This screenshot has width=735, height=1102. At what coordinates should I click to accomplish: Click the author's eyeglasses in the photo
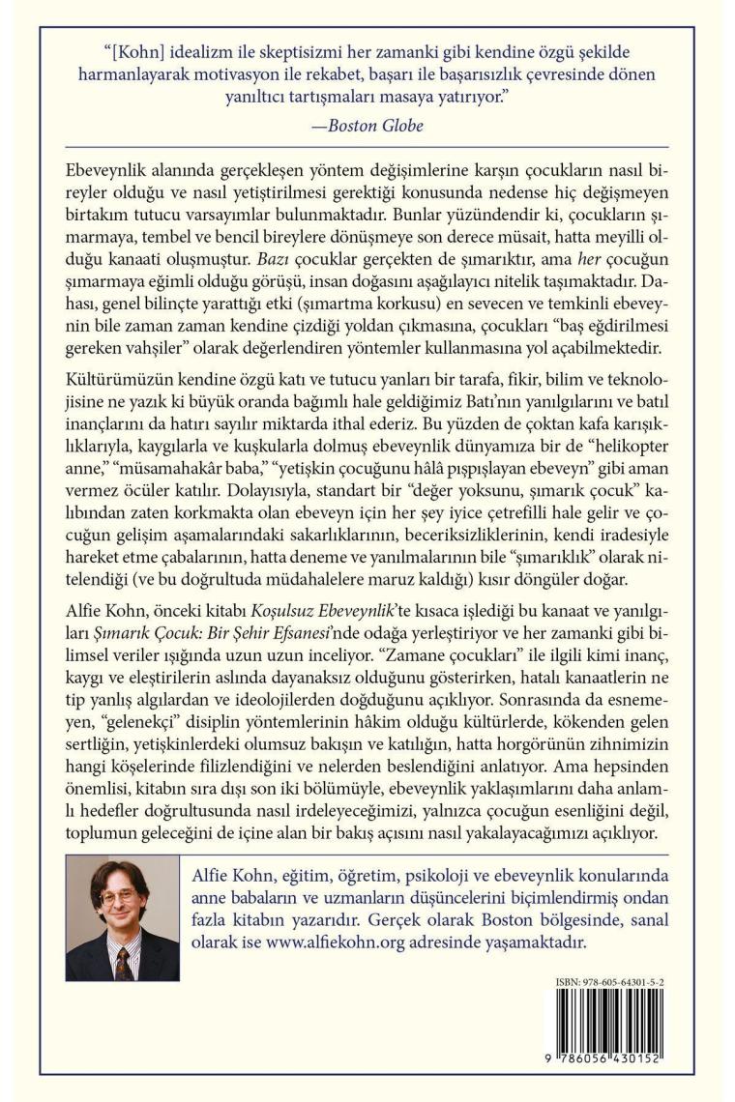tap(120, 896)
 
